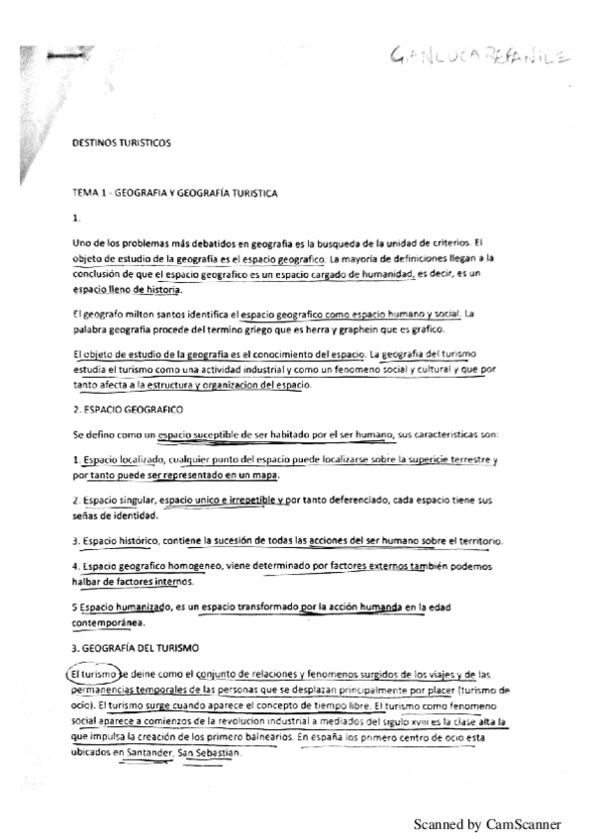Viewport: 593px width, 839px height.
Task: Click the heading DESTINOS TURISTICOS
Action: [x=122, y=142]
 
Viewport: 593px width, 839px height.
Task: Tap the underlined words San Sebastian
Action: [x=208, y=753]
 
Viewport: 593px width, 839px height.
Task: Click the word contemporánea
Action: [x=109, y=623]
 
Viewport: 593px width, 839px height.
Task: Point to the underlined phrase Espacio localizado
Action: [x=119, y=461]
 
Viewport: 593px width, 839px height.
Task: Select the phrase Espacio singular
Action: [x=117, y=502]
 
